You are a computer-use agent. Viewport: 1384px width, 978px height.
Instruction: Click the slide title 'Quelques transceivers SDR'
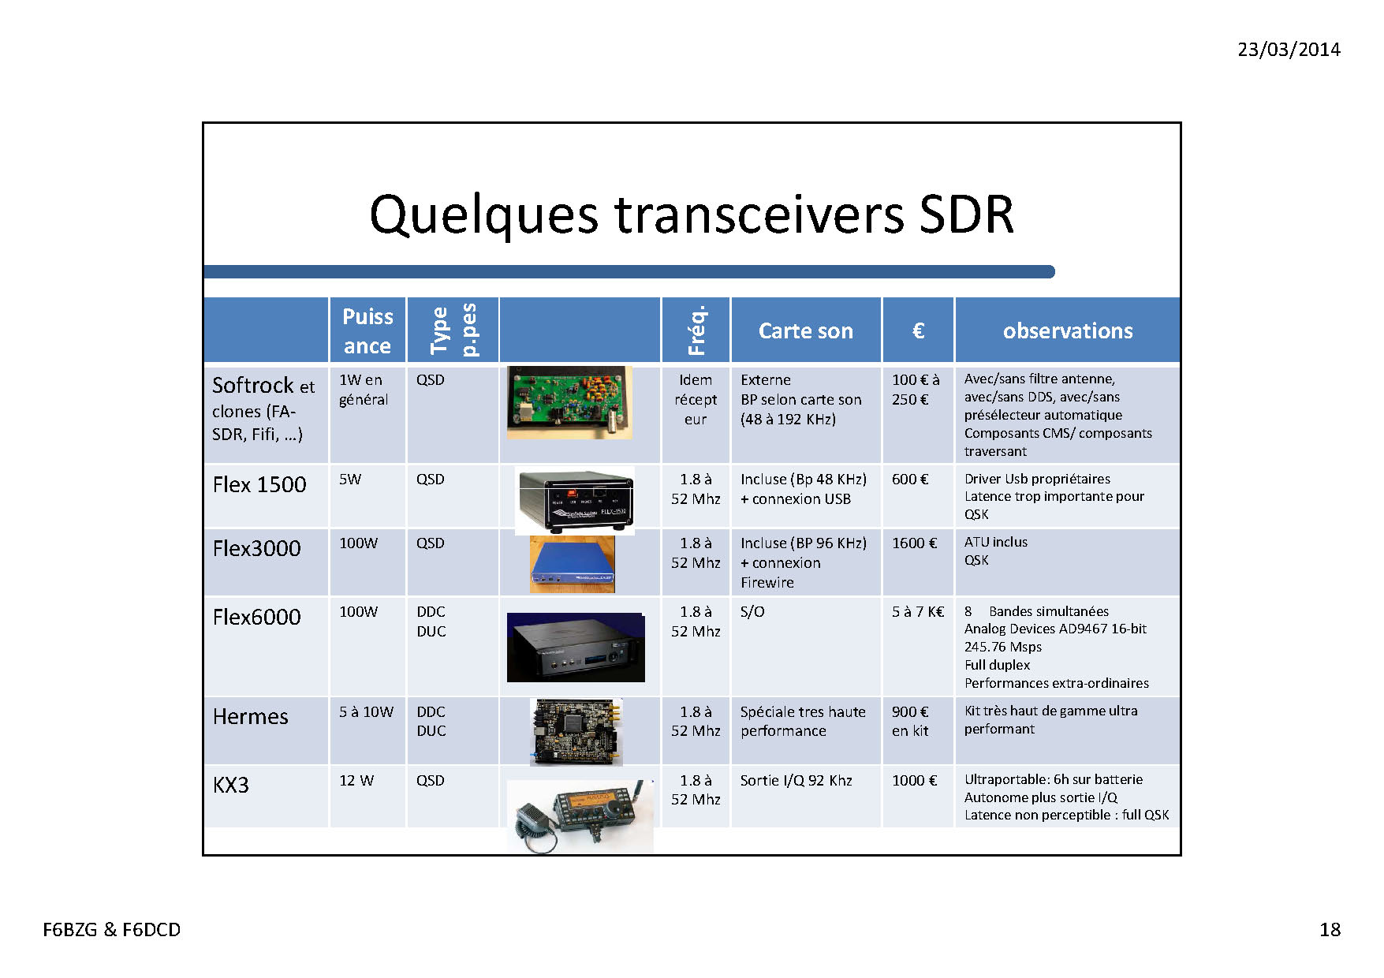(x=692, y=215)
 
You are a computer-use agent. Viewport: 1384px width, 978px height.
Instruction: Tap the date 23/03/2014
(x=1289, y=50)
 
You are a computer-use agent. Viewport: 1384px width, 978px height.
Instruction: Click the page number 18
(x=1330, y=930)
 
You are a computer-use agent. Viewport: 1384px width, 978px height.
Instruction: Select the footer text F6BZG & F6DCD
(x=111, y=930)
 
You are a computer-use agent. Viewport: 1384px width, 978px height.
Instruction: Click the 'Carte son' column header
(x=805, y=331)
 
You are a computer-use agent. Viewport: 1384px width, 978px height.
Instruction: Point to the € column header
(x=918, y=331)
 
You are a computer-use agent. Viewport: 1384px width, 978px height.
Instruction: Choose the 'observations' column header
(x=1068, y=331)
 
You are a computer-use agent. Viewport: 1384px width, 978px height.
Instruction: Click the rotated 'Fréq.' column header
(x=696, y=330)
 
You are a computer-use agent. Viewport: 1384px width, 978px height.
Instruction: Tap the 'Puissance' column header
(x=367, y=331)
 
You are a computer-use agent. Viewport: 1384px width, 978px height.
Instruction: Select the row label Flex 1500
(x=259, y=484)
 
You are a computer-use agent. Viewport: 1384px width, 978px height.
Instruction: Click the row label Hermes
(x=251, y=716)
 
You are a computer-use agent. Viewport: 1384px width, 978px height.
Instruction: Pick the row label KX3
(x=230, y=785)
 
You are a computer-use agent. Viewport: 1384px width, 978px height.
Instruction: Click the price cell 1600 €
(x=914, y=543)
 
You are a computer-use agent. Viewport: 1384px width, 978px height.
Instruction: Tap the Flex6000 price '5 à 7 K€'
(x=918, y=612)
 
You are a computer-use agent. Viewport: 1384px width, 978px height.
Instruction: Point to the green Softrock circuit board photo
(x=569, y=402)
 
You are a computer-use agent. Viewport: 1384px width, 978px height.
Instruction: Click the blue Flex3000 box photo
(x=573, y=565)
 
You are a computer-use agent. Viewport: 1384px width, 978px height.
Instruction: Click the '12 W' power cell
(x=356, y=781)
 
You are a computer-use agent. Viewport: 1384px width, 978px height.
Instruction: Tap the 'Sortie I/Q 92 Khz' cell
(x=796, y=781)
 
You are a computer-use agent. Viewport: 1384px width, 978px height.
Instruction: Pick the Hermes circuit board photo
(x=576, y=732)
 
